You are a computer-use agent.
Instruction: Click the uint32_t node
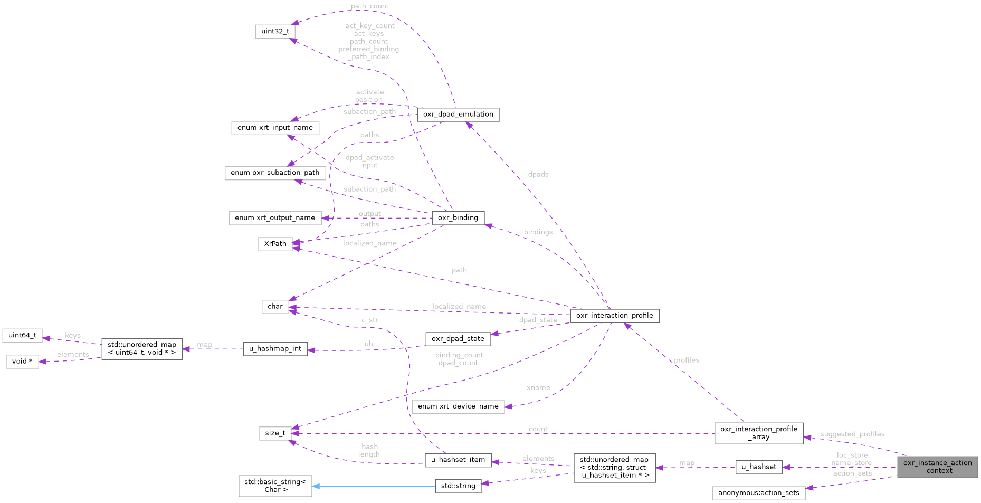tap(275, 31)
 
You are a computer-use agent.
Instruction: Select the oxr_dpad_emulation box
tap(458, 115)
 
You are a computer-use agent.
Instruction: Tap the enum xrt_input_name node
tap(275, 128)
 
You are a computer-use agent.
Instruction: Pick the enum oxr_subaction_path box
tap(275, 173)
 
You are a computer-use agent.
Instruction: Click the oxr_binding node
tap(458, 217)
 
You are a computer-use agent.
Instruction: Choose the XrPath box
tap(275, 244)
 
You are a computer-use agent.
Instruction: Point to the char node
tap(275, 307)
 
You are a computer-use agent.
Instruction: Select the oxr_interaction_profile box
tap(614, 316)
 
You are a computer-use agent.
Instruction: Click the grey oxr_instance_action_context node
tap(937, 467)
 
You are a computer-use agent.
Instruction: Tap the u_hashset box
tap(759, 467)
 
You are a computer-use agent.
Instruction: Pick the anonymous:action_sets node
tap(758, 493)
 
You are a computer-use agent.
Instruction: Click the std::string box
tap(458, 486)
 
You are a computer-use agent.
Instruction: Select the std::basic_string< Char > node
tap(275, 486)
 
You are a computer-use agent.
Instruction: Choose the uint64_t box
tap(22, 335)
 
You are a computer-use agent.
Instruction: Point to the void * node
tap(22, 362)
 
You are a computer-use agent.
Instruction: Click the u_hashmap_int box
tap(275, 349)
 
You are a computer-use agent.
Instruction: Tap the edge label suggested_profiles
tap(852, 434)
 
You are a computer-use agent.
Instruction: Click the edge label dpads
tap(538, 174)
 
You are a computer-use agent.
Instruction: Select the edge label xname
tap(538, 387)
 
